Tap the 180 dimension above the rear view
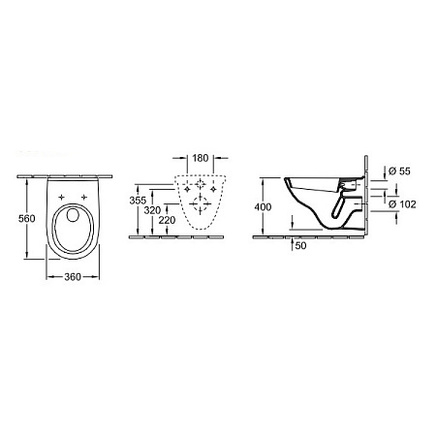pyautogui.click(x=199, y=157)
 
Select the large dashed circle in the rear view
pyautogui.click(x=199, y=202)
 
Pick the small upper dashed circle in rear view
pyautogui.click(x=199, y=183)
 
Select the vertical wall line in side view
pyautogui.click(x=366, y=194)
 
